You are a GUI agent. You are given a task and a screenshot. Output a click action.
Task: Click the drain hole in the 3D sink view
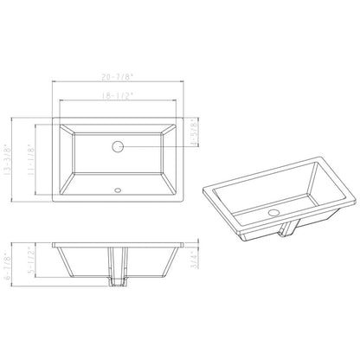273,210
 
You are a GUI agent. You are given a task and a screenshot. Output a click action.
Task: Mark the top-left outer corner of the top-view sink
55,116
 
